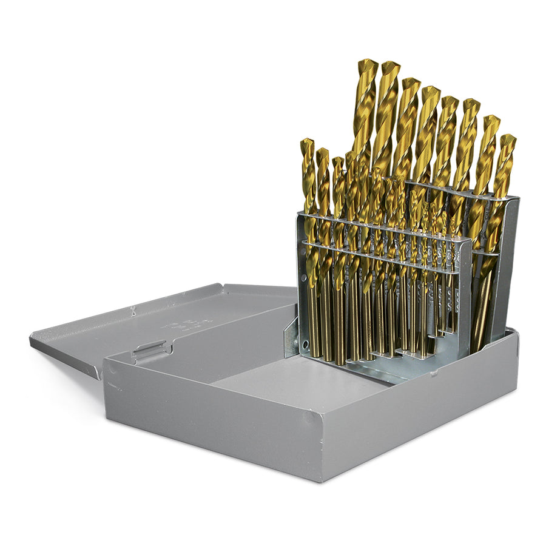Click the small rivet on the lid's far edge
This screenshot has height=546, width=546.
click(x=132, y=311)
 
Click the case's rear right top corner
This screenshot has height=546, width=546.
click(x=516, y=333)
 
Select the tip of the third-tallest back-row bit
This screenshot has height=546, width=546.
click(x=410, y=83)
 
